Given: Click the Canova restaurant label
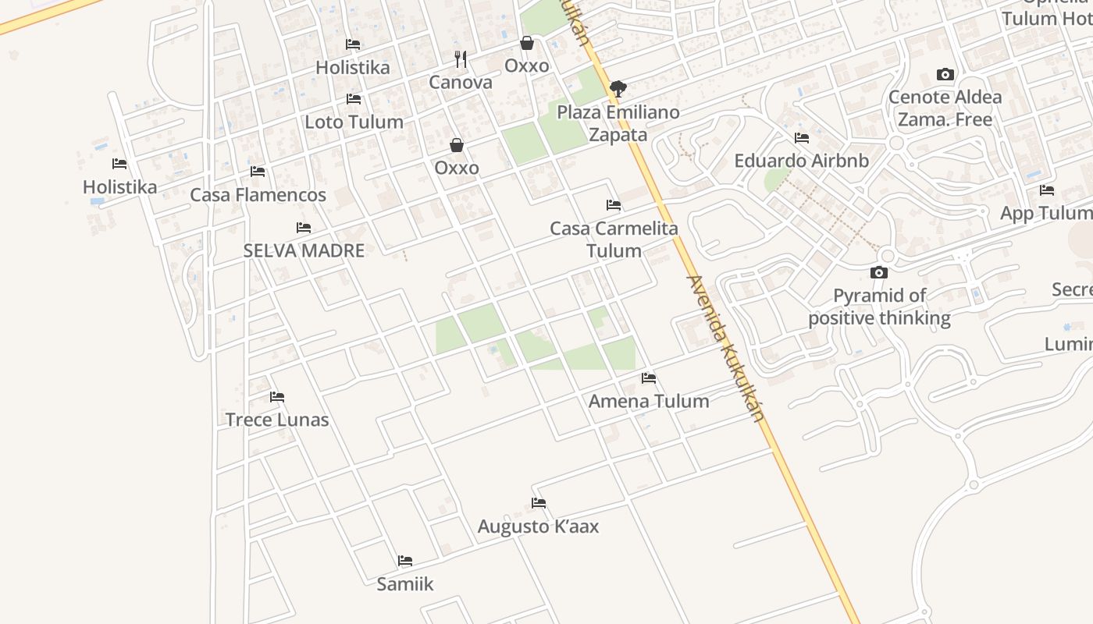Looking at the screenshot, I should [461, 83].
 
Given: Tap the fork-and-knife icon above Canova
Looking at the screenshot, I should [461, 58].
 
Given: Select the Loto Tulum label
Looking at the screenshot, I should [354, 122].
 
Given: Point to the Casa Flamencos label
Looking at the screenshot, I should [258, 194].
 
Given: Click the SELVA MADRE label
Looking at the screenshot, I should [304, 250].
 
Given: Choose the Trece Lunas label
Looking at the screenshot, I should [277, 420].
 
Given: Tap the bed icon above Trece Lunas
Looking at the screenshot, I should [277, 397].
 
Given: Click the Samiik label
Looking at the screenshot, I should [404, 583].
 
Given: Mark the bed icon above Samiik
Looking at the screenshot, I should [404, 561].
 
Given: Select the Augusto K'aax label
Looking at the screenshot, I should [538, 526].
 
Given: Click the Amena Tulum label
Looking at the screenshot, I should [649, 401].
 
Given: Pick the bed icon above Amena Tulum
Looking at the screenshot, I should [649, 379].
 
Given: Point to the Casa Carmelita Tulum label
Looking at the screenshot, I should [614, 239].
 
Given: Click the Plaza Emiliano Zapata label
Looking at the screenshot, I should [618, 123].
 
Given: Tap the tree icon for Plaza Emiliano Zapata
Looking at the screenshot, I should [618, 88].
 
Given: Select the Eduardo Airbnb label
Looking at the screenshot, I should [801, 161].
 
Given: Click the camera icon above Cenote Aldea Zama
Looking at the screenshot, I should [945, 75].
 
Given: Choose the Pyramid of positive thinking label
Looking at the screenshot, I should [879, 307].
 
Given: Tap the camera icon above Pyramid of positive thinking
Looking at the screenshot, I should [879, 272].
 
